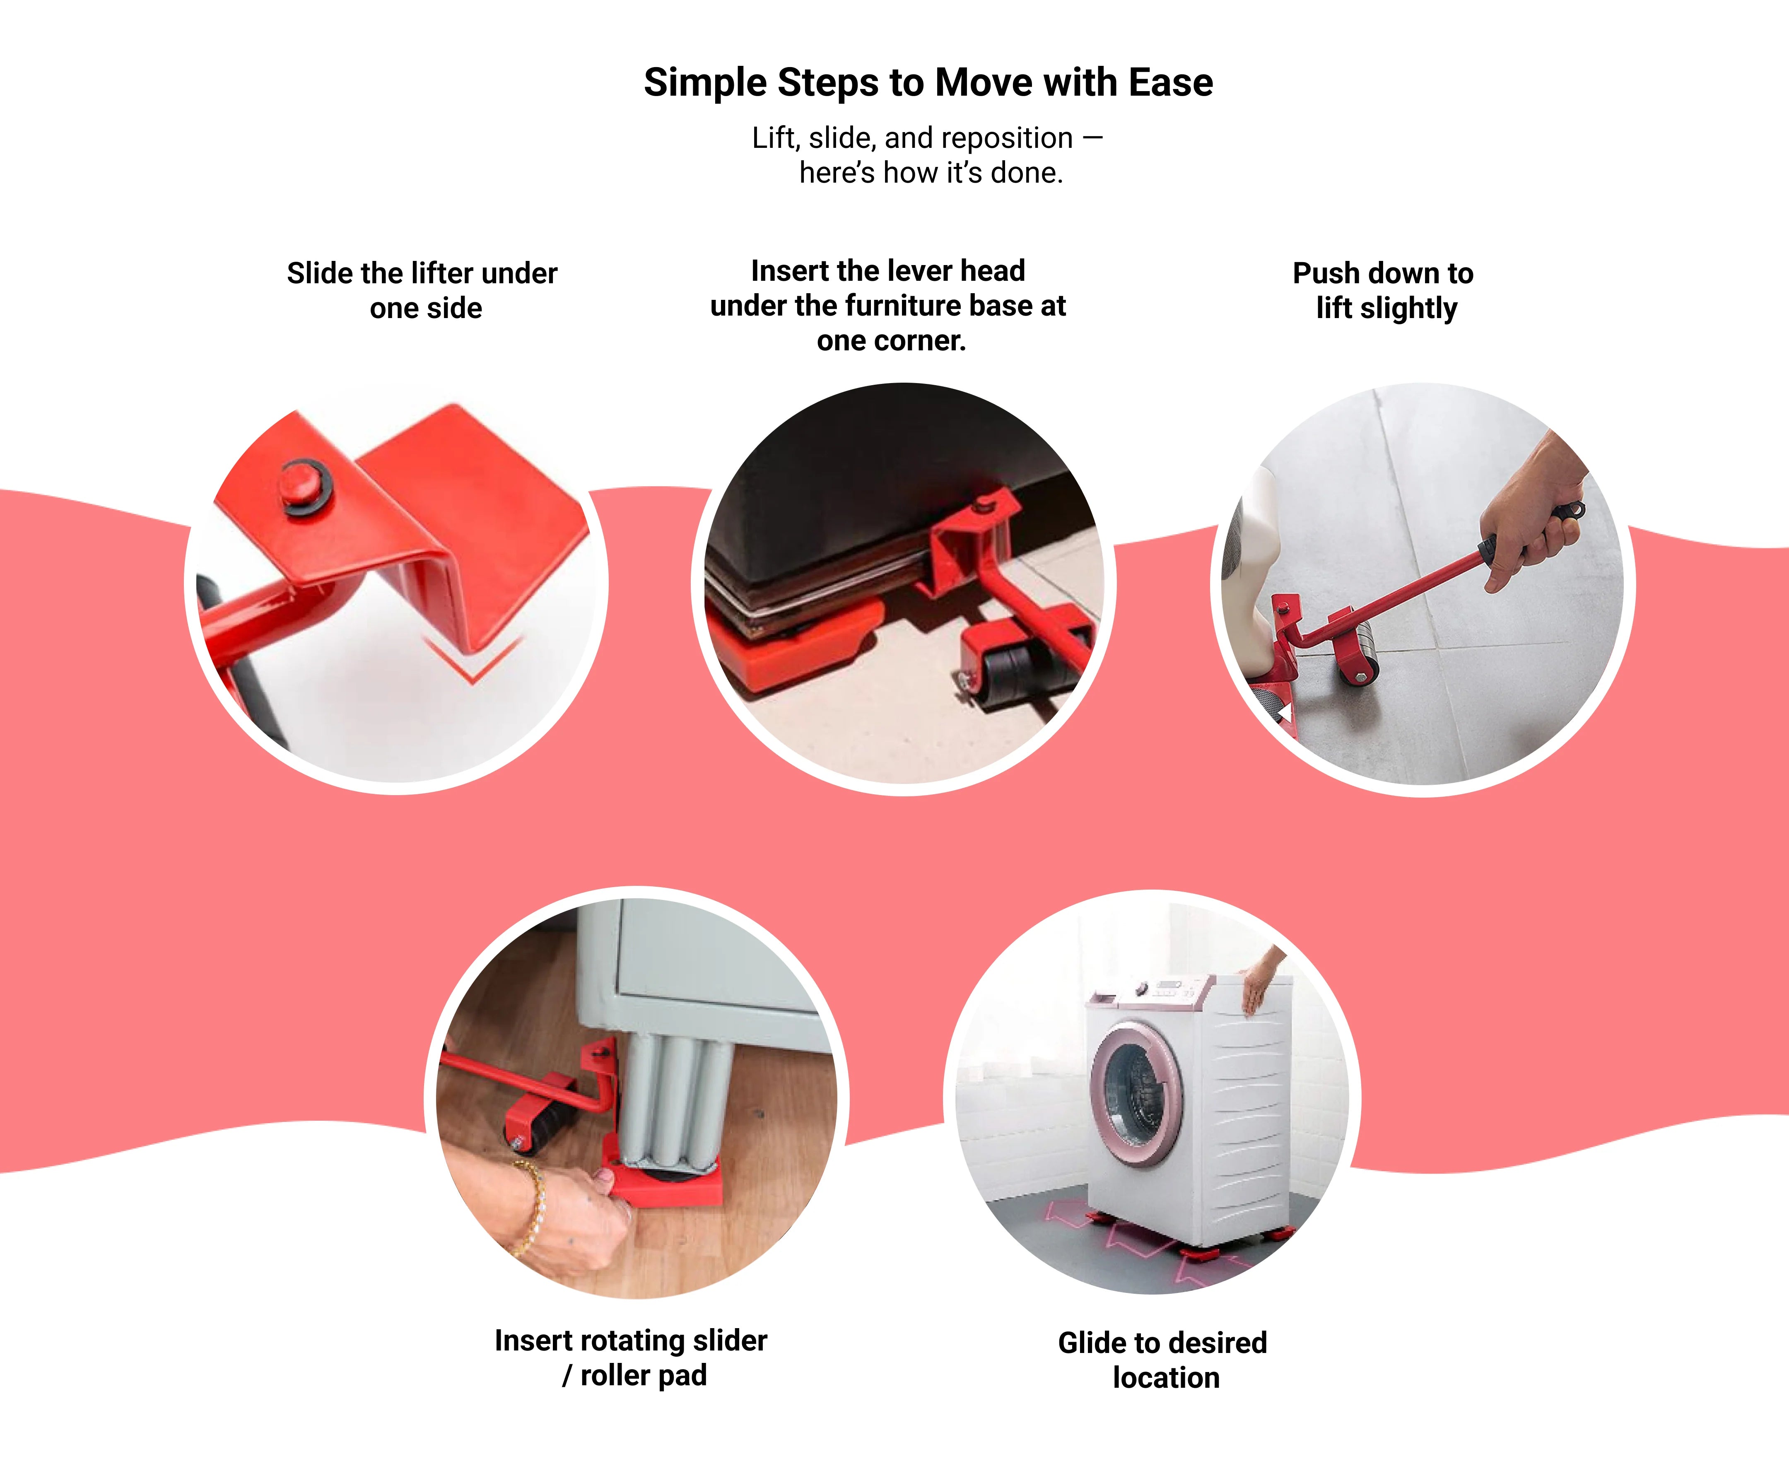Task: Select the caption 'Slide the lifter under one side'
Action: pos(422,291)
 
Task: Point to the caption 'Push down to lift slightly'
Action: pos(1383,291)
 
